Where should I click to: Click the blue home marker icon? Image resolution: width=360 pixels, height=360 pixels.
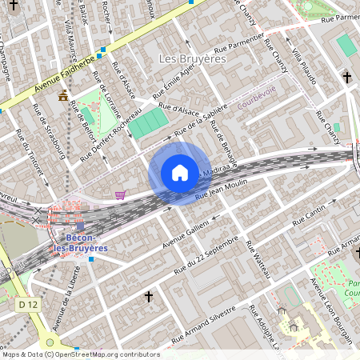click(180, 173)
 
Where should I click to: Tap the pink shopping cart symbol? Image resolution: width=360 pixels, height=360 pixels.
click(120, 194)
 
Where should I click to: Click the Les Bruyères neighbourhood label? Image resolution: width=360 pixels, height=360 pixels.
click(193, 58)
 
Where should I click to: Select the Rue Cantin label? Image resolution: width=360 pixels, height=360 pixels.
click(308, 212)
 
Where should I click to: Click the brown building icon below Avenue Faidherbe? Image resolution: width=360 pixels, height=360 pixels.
click(63, 96)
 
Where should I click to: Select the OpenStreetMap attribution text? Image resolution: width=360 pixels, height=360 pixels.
click(80, 354)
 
